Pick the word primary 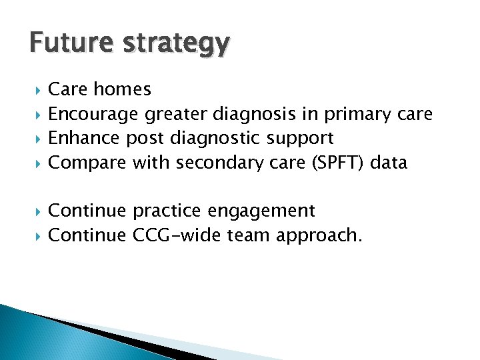358,115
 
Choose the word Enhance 84,139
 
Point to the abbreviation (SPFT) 335,163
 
